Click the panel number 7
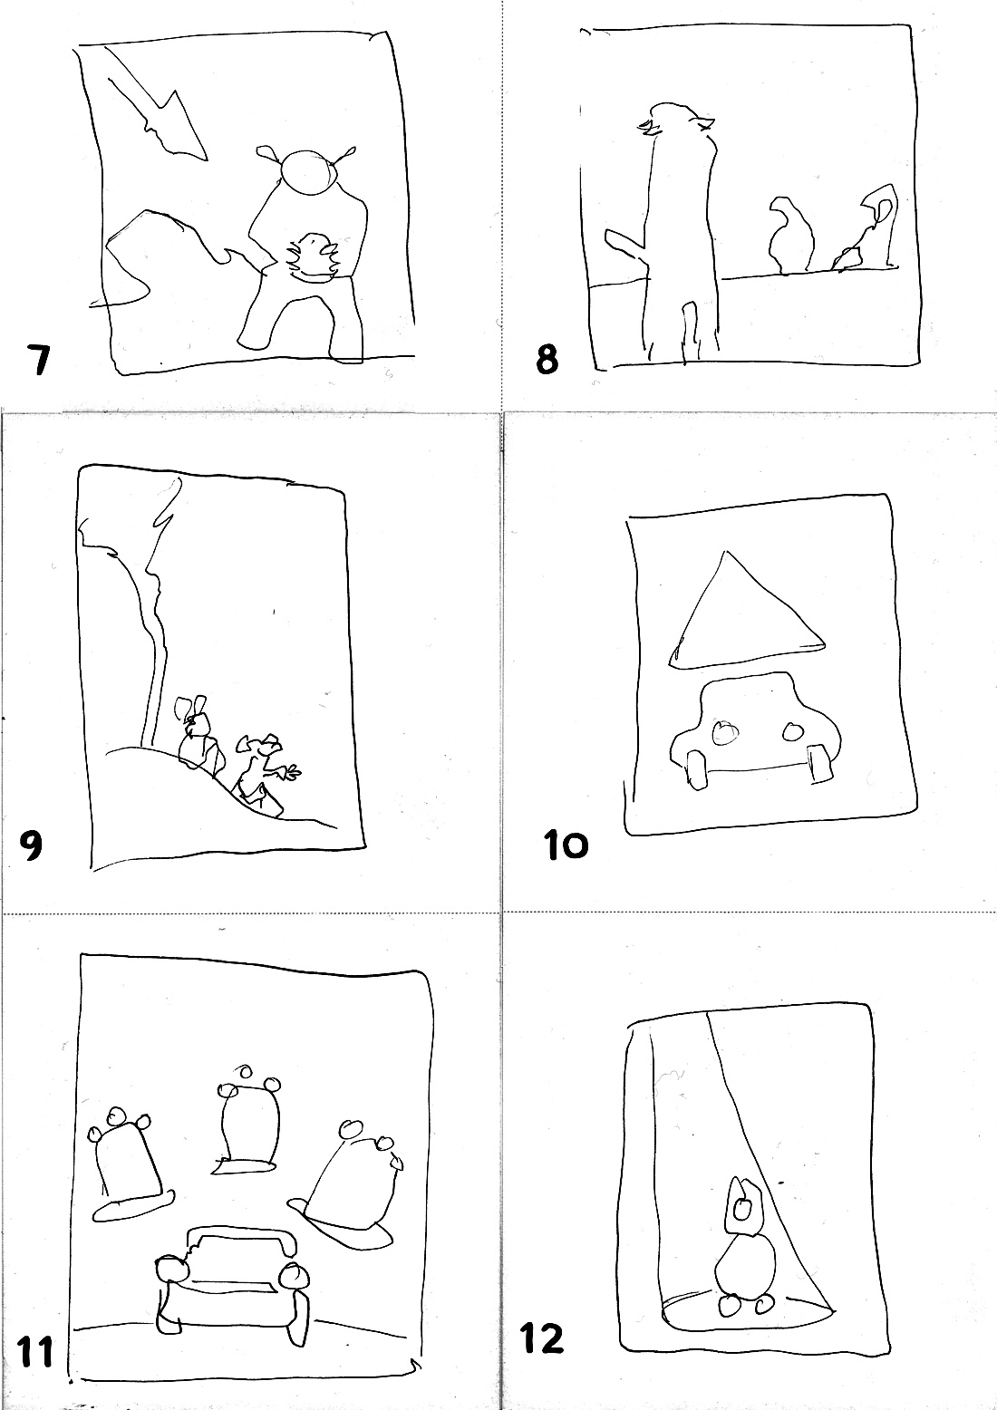pyautogui.click(x=39, y=360)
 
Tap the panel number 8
pyautogui.click(x=547, y=360)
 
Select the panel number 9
pyautogui.click(x=32, y=845)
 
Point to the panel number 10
pyautogui.click(x=566, y=845)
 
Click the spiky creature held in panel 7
pyautogui.click(x=313, y=256)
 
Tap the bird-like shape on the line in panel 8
pyautogui.click(x=790, y=236)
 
